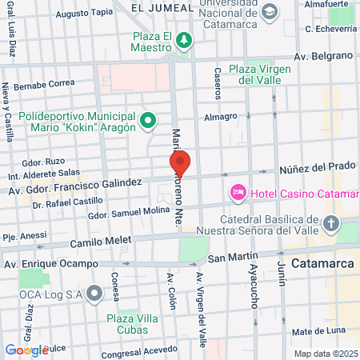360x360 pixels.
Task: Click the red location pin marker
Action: click(x=180, y=164)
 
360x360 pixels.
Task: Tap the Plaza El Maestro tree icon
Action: click(x=185, y=39)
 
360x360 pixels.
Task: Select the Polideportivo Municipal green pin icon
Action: click(x=147, y=122)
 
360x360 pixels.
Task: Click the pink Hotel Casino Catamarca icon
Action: click(x=238, y=193)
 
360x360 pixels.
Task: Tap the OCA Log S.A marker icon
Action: click(x=96, y=293)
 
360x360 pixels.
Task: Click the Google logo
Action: click(x=27, y=350)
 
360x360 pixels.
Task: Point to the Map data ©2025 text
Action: click(x=326, y=353)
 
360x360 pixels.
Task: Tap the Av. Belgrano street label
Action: click(x=323, y=55)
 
